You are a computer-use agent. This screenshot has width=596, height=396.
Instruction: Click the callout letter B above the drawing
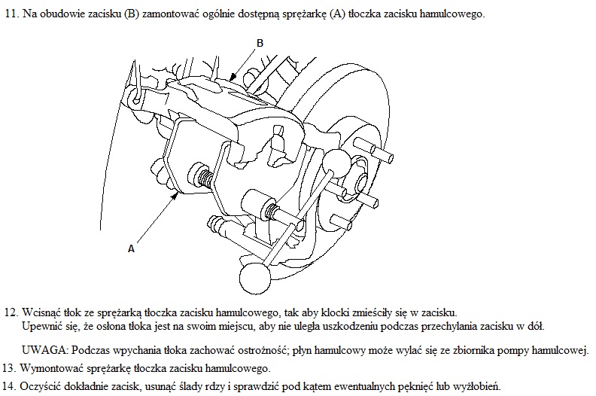coord(260,43)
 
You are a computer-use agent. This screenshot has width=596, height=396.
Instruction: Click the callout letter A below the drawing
coord(131,248)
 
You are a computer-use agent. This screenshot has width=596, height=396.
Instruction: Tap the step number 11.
coord(11,14)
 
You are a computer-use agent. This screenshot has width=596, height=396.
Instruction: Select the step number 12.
coord(11,312)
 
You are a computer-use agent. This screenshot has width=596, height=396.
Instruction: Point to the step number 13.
coord(9,368)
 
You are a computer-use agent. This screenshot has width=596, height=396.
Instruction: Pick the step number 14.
coord(9,386)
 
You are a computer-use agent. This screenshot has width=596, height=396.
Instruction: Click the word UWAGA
coord(45,350)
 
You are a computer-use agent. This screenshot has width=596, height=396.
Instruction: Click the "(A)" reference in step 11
coord(338,14)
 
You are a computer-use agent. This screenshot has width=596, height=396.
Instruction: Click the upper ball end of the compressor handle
coord(337,162)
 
